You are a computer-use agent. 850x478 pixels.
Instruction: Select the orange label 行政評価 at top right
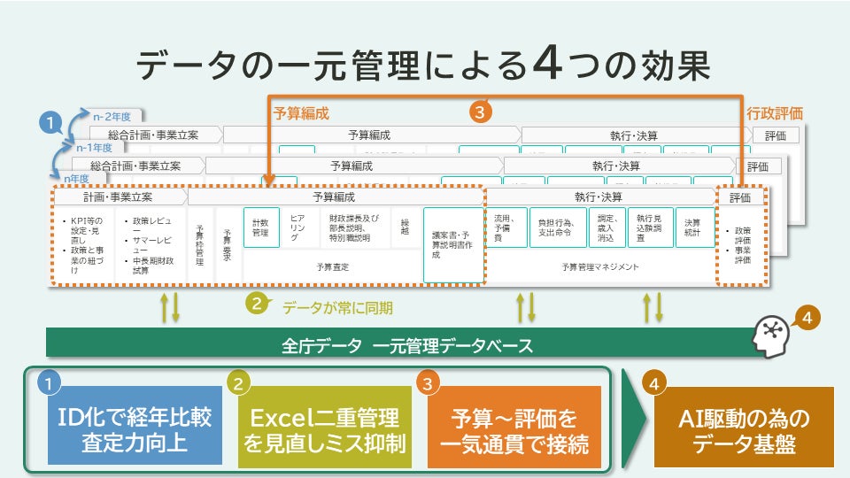(775, 113)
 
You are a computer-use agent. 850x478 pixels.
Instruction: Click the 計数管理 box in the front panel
(260, 227)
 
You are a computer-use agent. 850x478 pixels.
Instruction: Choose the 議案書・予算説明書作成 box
(453, 244)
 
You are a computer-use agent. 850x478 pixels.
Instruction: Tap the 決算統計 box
(695, 227)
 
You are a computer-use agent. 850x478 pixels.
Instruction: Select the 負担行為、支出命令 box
(558, 227)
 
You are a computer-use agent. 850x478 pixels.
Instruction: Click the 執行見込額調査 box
(651, 227)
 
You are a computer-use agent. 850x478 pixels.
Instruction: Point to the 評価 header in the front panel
(740, 197)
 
